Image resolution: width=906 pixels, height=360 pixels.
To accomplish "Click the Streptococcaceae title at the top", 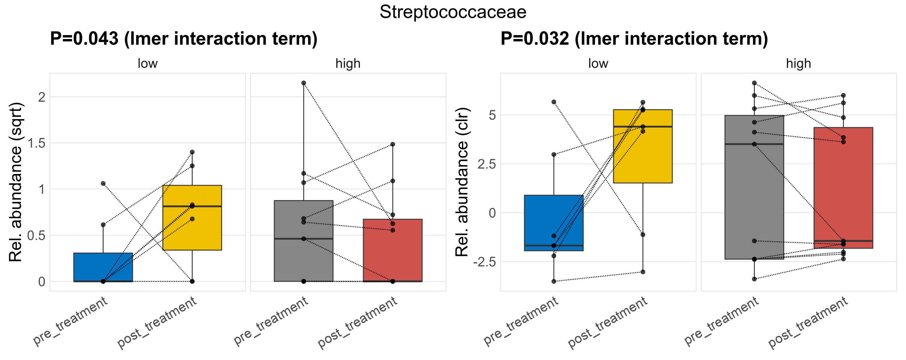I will click(x=453, y=12).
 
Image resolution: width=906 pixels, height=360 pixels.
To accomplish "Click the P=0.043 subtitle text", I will click(x=184, y=39).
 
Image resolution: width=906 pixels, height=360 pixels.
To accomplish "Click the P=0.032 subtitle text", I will click(x=634, y=39).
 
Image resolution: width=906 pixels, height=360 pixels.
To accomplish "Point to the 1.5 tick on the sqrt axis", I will click(x=37, y=143).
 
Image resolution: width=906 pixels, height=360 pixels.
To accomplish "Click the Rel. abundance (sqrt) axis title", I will click(x=16, y=182).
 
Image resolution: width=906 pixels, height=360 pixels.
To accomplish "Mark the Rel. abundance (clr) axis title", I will click(x=462, y=182).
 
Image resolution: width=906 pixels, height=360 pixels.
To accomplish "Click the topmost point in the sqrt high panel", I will click(x=304, y=83).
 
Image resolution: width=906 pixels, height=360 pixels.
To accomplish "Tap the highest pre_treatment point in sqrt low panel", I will click(x=103, y=184).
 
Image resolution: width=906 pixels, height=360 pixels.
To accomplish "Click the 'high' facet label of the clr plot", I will click(x=798, y=64).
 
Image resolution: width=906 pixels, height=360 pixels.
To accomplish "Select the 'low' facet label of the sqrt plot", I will click(x=147, y=64).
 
